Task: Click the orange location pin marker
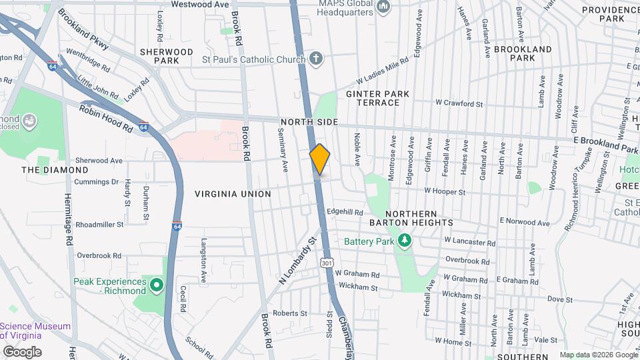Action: point(320,159)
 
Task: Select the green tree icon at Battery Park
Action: point(403,240)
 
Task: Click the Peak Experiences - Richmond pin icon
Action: point(157,286)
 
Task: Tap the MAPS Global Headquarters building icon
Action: point(383,7)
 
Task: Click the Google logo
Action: point(23,351)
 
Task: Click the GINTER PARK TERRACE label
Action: point(377,99)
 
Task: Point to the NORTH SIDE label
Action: point(309,123)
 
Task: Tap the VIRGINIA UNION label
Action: point(233,194)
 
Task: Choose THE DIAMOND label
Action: point(55,170)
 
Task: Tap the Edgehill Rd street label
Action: point(344,211)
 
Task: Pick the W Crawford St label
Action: point(459,103)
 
